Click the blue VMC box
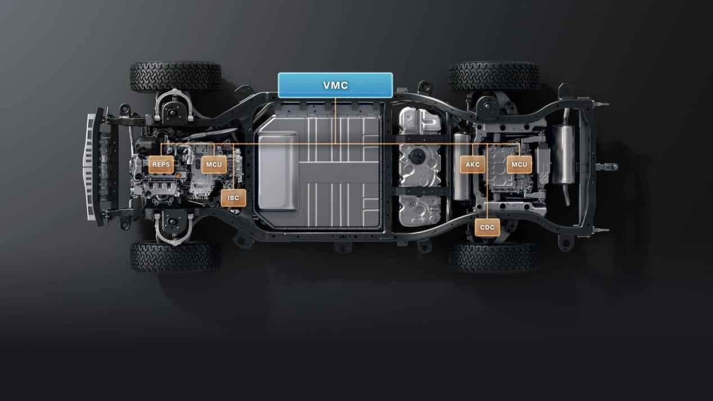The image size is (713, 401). (x=335, y=85)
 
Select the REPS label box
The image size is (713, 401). (x=161, y=164)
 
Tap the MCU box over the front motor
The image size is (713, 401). (x=214, y=164)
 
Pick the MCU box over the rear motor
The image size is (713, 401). (x=519, y=164)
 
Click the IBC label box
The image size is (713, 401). (x=234, y=198)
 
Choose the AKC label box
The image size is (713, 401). (x=473, y=164)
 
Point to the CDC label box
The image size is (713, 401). (x=487, y=227)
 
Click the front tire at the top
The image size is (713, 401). (x=176, y=76)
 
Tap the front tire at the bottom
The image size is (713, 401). (x=176, y=256)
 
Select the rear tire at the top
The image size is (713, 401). (x=494, y=76)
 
